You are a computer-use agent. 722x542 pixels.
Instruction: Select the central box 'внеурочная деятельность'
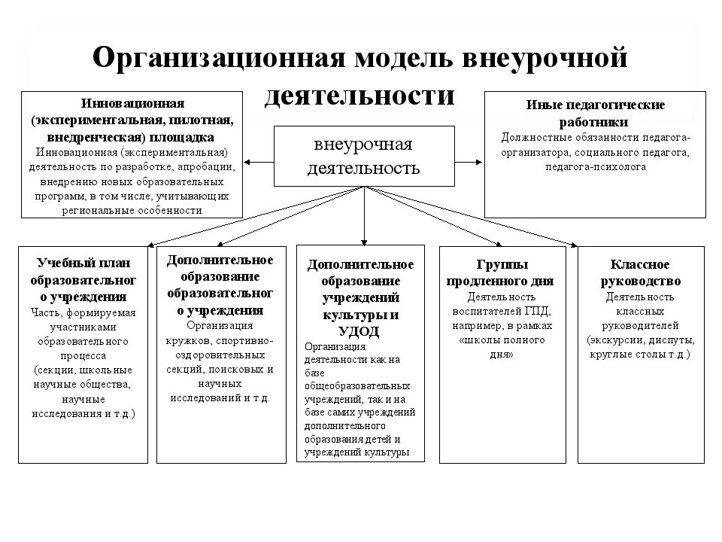pos(364,156)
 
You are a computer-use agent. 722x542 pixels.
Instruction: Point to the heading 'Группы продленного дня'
pos(501,273)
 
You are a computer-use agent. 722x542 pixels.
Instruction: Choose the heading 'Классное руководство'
pos(641,273)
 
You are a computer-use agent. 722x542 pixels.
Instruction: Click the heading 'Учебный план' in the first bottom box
pos(83,264)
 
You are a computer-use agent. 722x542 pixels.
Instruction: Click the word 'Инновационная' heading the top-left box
pos(132,102)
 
